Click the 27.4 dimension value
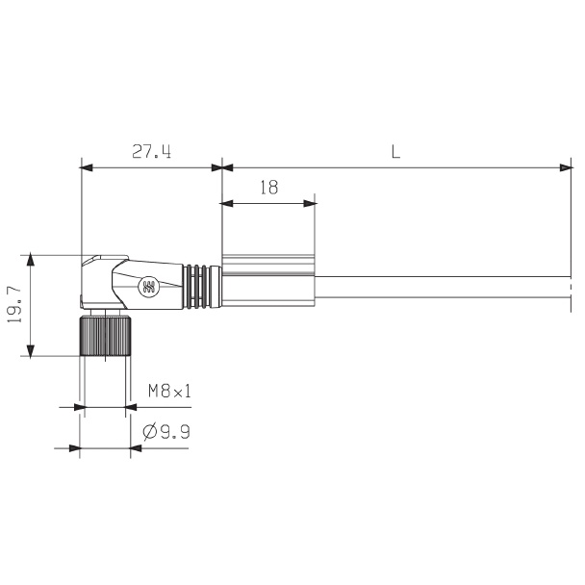tap(151, 151)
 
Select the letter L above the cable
tap(395, 151)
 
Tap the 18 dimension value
tap(269, 188)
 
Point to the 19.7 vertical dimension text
tap(14, 306)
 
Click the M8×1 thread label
tap(169, 392)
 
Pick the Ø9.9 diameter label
tap(166, 432)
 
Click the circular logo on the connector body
tap(148, 288)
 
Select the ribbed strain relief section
tap(202, 287)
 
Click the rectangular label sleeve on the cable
tap(268, 281)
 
